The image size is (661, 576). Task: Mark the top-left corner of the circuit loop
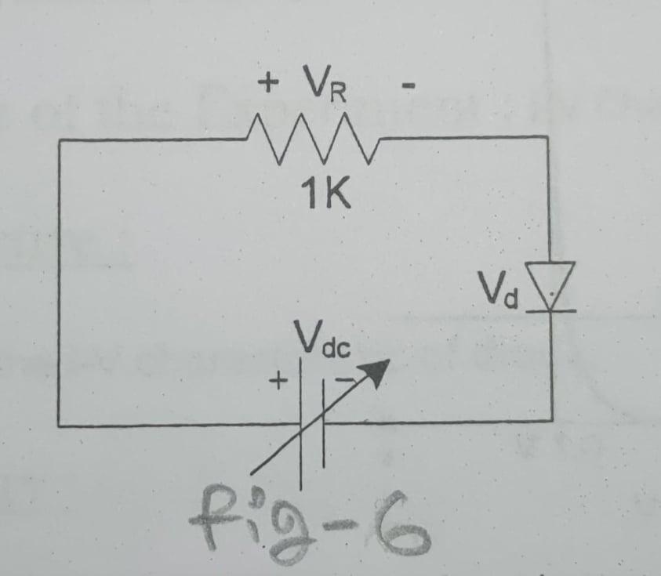point(60,141)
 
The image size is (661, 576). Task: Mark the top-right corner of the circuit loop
point(547,137)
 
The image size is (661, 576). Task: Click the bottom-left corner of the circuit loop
point(60,426)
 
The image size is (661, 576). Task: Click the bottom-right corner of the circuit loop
point(551,421)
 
